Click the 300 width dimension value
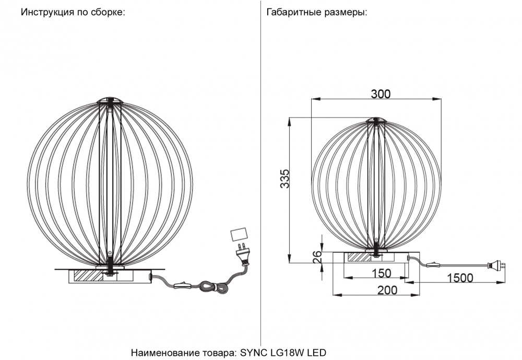381,94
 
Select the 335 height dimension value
285,179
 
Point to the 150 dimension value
382,273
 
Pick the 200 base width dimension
387,291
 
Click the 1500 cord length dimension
460,277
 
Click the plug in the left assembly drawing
242,254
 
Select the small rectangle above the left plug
239,234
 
